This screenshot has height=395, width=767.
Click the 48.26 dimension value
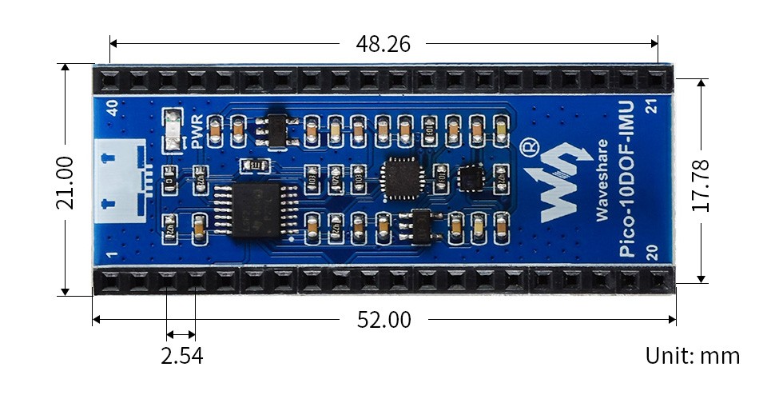tap(383, 43)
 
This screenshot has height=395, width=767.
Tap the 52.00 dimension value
tap(383, 320)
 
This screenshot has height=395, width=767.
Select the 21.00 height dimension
tap(65, 182)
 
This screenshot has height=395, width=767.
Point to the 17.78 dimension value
tap(701, 182)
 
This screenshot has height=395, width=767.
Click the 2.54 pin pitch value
tap(181, 356)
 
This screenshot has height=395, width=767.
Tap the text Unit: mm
tap(692, 356)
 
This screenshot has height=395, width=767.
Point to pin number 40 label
tap(113, 107)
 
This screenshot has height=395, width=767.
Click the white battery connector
tap(120, 181)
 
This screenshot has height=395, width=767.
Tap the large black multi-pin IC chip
tap(254, 210)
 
